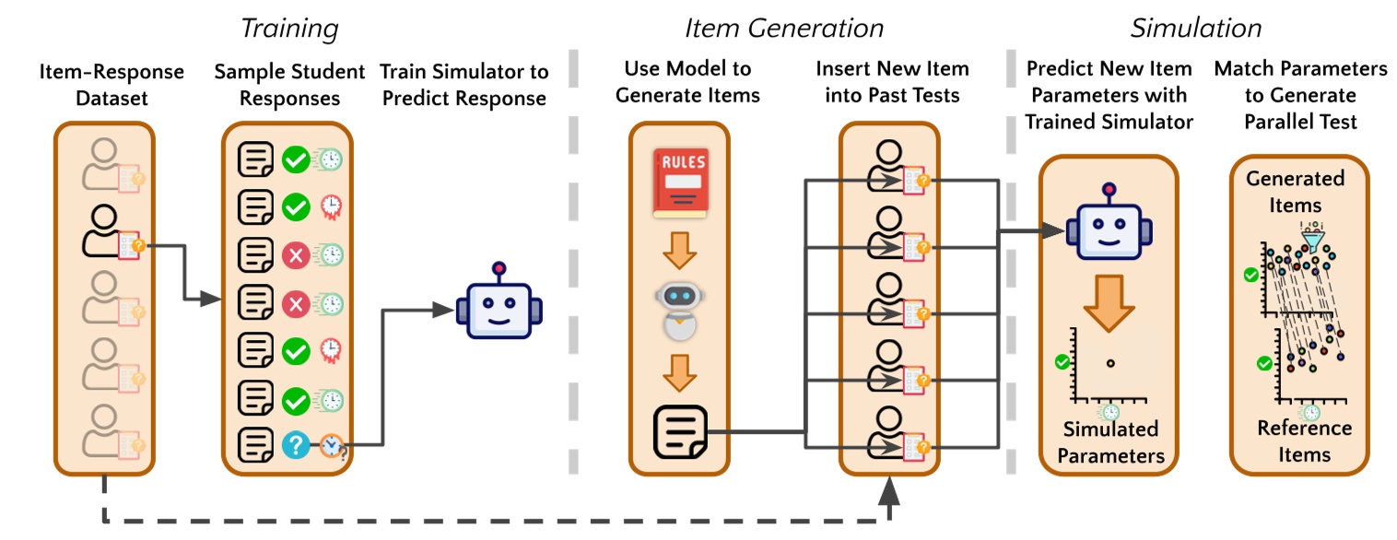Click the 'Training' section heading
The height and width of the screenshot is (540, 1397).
[289, 28]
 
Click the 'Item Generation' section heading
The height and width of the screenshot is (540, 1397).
[783, 28]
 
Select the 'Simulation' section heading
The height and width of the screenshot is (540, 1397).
[1195, 28]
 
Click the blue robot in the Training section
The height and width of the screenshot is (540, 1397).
[499, 309]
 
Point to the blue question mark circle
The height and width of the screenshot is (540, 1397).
[295, 445]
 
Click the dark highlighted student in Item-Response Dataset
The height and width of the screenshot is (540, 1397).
[104, 231]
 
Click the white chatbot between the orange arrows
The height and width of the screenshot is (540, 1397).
[680, 310]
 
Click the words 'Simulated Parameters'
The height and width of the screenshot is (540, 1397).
[1110, 442]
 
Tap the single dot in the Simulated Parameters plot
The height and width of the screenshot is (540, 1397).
[1111, 363]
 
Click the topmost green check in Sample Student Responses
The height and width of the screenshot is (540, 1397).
[295, 159]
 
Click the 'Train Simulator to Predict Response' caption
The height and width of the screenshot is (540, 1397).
[464, 83]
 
